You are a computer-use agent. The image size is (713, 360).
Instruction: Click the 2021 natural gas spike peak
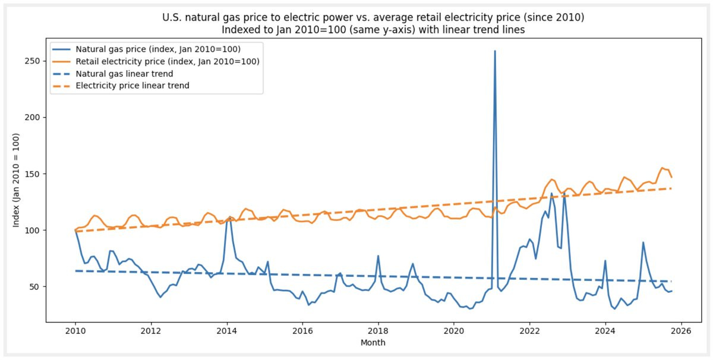tap(494, 51)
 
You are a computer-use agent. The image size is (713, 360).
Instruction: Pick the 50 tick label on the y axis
tap(34, 287)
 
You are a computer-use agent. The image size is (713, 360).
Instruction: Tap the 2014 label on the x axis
tap(227, 331)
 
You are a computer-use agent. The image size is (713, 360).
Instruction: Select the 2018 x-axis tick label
tap(378, 331)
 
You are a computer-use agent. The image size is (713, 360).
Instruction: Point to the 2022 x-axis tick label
tap(529, 331)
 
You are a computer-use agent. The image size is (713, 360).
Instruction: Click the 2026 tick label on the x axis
tap(681, 331)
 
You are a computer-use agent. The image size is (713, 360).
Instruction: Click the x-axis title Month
tap(373, 343)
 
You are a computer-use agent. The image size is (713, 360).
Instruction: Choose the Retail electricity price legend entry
tap(167, 61)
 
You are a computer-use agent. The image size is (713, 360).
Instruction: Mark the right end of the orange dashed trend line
tap(671, 188)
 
